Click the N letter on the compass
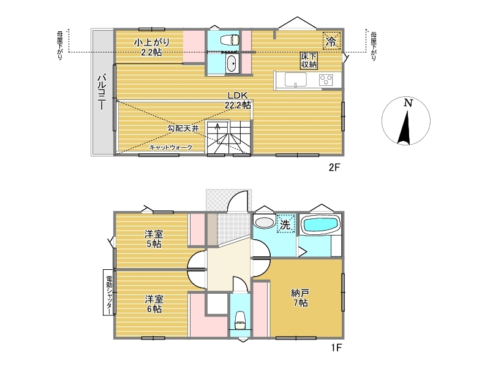[x=408, y=102]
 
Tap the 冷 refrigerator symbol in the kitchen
[x=331, y=41]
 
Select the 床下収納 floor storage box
[x=309, y=61]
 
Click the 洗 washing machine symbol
[x=285, y=224]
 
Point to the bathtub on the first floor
[x=321, y=224]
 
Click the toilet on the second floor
[x=230, y=40]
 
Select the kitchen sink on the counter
[x=295, y=80]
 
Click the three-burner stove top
[x=326, y=80]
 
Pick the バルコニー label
[x=102, y=91]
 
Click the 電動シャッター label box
[x=109, y=292]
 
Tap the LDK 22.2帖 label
[x=238, y=100]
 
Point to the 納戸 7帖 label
[x=300, y=297]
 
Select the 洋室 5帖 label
[x=154, y=239]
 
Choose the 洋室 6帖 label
[x=154, y=304]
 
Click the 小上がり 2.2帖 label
[x=151, y=47]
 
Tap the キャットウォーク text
[x=170, y=147]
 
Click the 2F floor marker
[x=334, y=167]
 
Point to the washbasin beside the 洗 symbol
[x=264, y=222]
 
